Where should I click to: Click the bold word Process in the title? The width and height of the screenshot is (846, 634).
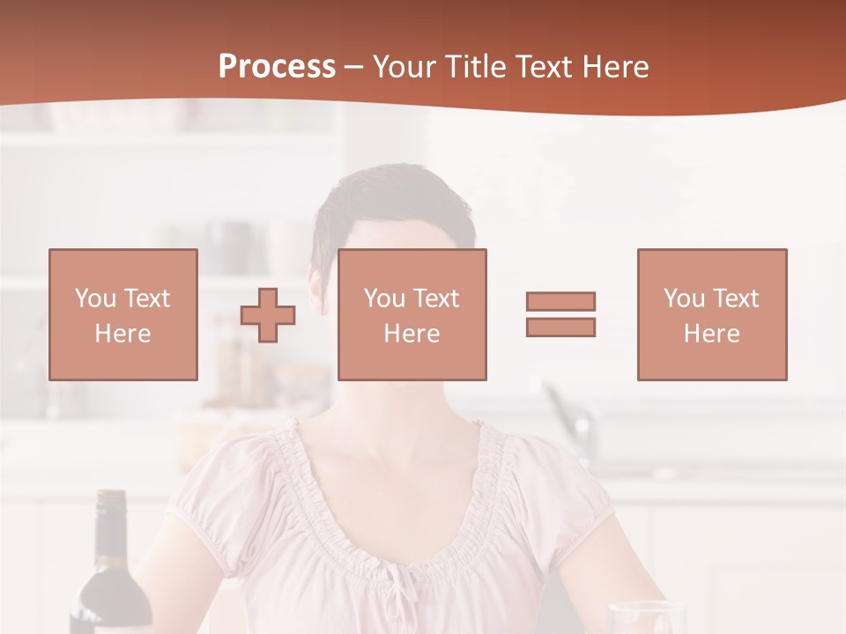[x=277, y=67]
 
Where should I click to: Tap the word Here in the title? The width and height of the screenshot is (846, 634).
[x=615, y=67]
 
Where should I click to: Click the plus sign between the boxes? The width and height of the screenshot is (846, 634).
[x=268, y=315]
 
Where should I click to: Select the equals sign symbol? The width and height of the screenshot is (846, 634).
[x=560, y=314]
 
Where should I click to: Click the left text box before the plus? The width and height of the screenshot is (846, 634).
[x=123, y=314]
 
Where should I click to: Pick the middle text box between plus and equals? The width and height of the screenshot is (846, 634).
[x=412, y=314]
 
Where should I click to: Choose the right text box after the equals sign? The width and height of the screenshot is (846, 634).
[x=711, y=314]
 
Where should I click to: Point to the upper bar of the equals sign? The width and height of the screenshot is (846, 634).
[x=560, y=302]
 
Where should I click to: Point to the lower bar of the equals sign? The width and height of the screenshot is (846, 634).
[x=560, y=327]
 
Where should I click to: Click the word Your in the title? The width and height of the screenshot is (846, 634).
[x=404, y=67]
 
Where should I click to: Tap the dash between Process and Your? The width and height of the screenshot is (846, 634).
[x=353, y=68]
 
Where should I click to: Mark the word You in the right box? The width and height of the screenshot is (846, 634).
[x=684, y=299]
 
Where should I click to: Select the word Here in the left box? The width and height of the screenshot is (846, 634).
[x=122, y=334]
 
